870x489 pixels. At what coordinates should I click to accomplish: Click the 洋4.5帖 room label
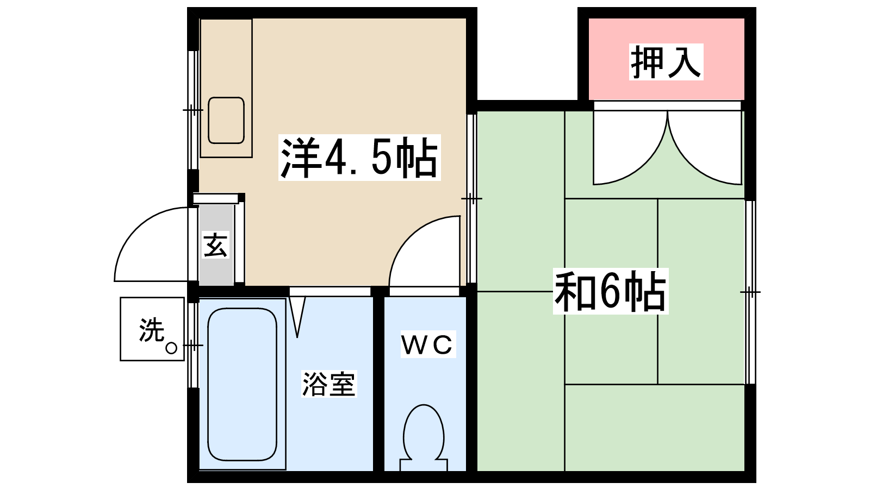pos(359,158)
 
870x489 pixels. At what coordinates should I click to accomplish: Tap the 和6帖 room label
pos(610,291)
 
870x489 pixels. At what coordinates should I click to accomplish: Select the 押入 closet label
pos(666,62)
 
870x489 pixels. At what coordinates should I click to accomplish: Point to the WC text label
pos(427,344)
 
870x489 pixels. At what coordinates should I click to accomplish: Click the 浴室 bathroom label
pos(328,384)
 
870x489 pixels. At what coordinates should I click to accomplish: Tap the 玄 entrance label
pos(215,245)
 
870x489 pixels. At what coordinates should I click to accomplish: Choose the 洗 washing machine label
pos(151,330)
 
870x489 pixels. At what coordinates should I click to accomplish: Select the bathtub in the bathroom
pos(242,384)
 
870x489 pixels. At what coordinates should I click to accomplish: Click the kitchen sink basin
pos(226,120)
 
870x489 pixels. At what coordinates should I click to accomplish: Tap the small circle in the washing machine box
pos(171,348)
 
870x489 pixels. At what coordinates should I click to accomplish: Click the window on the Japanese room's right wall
pos(750,292)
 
